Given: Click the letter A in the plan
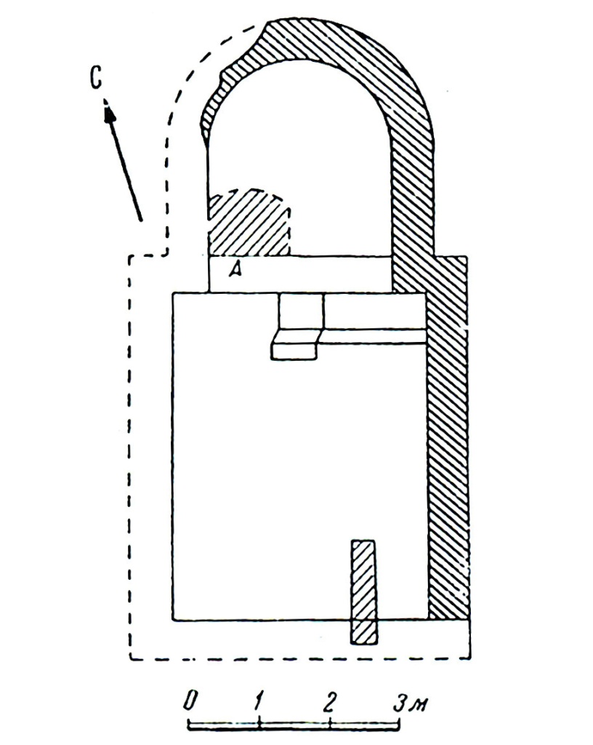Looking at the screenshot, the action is [x=235, y=270].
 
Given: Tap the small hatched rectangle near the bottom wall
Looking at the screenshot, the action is [x=364, y=592].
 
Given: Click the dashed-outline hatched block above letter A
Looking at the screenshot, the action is [x=249, y=223].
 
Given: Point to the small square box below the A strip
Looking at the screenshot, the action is [x=301, y=311].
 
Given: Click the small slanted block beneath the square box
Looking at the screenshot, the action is [x=294, y=345].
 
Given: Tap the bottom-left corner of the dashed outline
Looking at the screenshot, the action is [x=131, y=659].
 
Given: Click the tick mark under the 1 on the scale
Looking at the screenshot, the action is [x=259, y=724].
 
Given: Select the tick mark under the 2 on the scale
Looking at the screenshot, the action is [x=330, y=724].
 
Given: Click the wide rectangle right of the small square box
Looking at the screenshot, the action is [x=374, y=311].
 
